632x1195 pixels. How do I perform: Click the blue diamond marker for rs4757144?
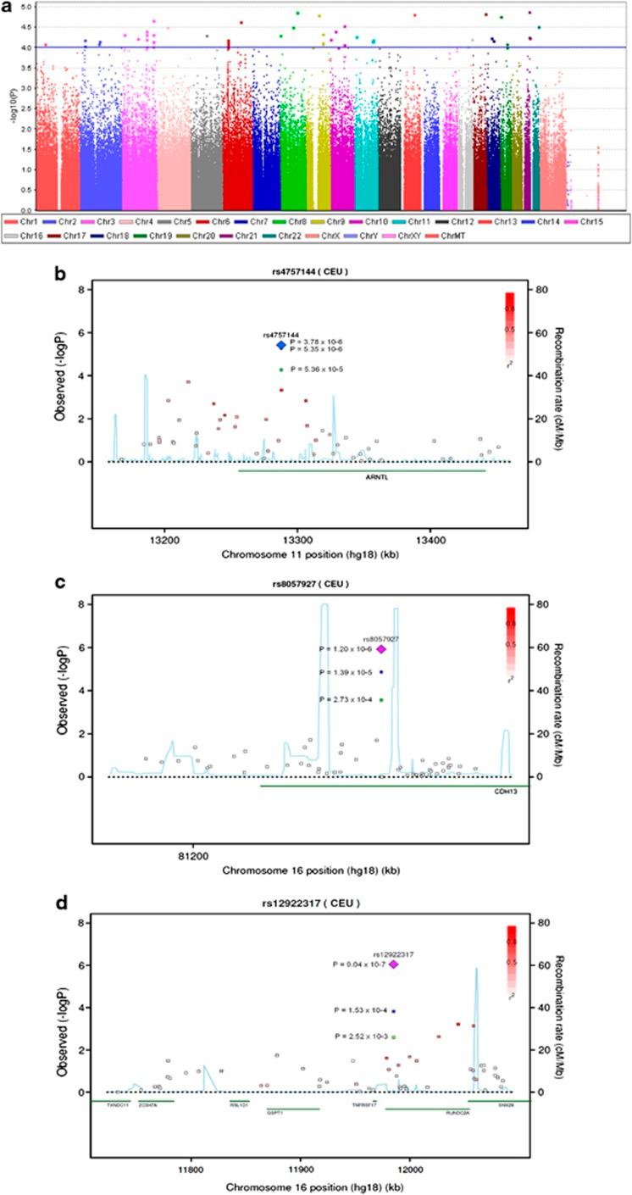tap(281, 345)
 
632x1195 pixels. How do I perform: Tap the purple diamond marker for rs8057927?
tap(381, 649)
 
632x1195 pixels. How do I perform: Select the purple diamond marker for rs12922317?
tap(393, 964)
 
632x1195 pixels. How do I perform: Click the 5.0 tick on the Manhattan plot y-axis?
tap(25, 7)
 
